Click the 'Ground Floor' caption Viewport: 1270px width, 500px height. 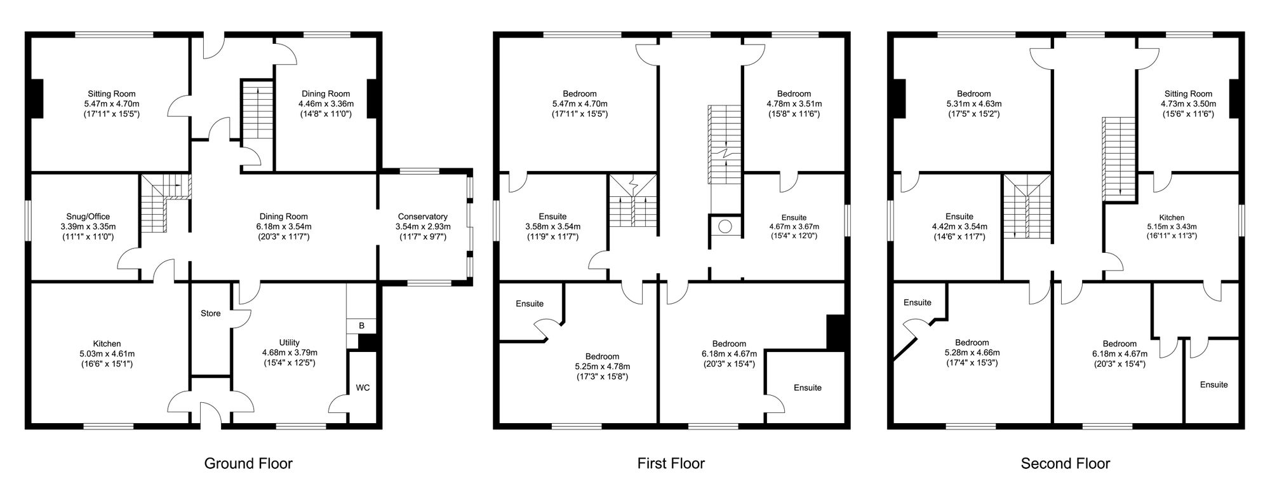pyautogui.click(x=248, y=464)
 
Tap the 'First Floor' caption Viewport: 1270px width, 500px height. pyautogui.click(x=671, y=464)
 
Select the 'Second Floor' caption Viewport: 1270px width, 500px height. pyautogui.click(x=1066, y=464)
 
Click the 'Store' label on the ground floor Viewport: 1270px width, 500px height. pyautogui.click(x=211, y=313)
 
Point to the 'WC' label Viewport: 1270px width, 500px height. pyautogui.click(x=363, y=388)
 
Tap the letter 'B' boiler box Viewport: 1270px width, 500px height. pyautogui.click(x=362, y=326)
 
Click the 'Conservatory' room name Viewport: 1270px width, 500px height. pyautogui.click(x=423, y=217)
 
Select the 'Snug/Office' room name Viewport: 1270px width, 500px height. pyautogui.click(x=88, y=217)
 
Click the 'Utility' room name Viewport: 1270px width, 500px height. pyautogui.click(x=290, y=342)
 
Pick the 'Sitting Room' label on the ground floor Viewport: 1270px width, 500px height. pyautogui.click(x=112, y=94)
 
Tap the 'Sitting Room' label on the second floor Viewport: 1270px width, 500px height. pyautogui.click(x=1188, y=94)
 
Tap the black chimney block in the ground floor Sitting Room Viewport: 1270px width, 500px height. pyautogui.click(x=37, y=98)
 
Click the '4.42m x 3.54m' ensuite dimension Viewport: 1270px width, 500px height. pyautogui.click(x=959, y=226)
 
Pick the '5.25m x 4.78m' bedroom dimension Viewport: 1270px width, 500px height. pyautogui.click(x=603, y=367)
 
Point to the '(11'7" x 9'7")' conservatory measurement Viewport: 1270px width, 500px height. pyautogui.click(x=423, y=237)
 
